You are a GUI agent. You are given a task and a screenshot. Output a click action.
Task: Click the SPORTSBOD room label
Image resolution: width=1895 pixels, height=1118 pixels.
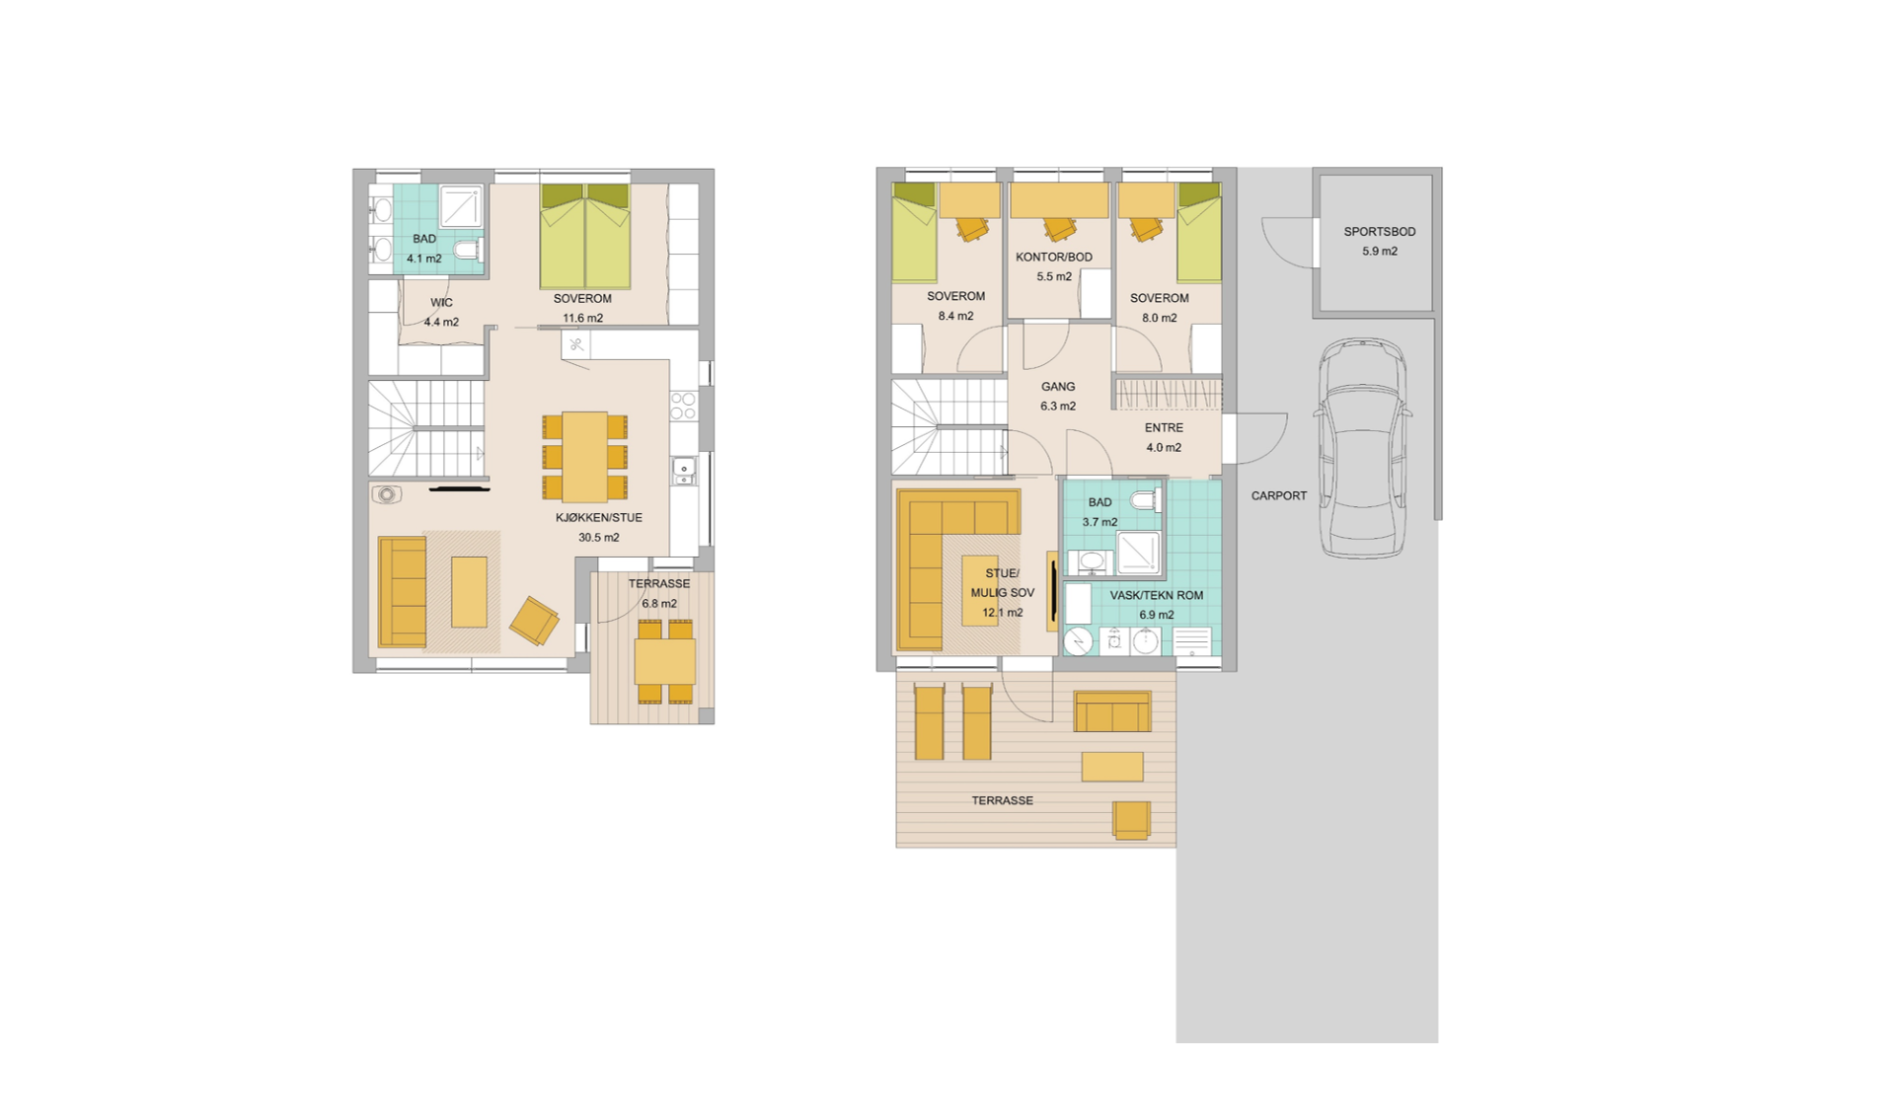[1379, 232]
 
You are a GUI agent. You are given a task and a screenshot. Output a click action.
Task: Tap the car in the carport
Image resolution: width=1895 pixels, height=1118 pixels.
[1362, 449]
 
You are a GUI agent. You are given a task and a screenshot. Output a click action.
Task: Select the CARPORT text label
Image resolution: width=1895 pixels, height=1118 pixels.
[1278, 496]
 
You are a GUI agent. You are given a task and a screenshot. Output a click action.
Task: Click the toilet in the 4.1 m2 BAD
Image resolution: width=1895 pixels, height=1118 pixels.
[468, 248]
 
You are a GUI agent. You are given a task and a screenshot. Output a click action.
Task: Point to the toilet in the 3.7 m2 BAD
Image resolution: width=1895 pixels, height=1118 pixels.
[1146, 500]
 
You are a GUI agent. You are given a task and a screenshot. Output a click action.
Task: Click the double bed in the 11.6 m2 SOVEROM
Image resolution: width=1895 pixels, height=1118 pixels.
[585, 236]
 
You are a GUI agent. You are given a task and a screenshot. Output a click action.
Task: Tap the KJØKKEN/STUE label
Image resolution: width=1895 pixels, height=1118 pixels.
[598, 518]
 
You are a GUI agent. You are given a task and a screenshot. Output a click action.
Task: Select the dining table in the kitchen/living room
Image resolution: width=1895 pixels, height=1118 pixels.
[585, 457]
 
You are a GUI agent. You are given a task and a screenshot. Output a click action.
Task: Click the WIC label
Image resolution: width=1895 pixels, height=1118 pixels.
[441, 303]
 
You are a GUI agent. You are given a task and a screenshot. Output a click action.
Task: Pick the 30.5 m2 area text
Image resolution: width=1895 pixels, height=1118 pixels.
[598, 538]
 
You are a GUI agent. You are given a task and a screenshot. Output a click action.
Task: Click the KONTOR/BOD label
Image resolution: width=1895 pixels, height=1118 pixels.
[1054, 258]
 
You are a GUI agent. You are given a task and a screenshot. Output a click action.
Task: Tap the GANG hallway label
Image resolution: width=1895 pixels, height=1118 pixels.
[1058, 387]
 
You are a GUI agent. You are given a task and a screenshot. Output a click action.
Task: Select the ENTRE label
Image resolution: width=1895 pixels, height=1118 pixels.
[1164, 428]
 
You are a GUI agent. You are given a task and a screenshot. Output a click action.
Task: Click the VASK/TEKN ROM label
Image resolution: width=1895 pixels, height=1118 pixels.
[1157, 596]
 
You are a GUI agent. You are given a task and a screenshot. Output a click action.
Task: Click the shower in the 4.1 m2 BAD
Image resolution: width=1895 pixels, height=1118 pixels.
[461, 207]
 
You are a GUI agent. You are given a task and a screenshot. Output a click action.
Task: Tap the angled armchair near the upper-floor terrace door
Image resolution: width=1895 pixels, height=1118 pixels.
[534, 621]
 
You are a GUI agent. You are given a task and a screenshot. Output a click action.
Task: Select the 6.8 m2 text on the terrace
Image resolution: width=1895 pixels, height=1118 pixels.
[659, 604]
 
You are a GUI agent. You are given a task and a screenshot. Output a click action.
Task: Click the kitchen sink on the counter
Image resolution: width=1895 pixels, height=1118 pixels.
[684, 470]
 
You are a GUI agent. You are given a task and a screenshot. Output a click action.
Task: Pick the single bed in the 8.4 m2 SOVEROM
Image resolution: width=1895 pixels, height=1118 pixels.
[914, 233]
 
